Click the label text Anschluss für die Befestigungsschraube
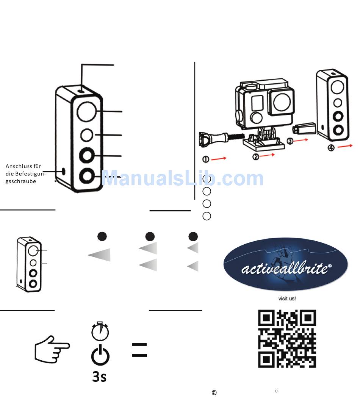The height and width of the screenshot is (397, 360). [26, 173]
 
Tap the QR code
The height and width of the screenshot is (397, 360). [287, 339]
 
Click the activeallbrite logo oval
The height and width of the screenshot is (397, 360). [285, 265]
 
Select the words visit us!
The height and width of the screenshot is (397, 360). [287, 299]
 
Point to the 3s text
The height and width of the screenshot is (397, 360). [99, 376]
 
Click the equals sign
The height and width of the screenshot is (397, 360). [139, 350]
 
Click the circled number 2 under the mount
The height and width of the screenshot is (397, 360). [256, 156]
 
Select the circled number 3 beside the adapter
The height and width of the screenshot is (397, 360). [290, 141]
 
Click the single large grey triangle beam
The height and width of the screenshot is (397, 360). [99, 255]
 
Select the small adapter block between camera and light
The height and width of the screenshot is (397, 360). [305, 129]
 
